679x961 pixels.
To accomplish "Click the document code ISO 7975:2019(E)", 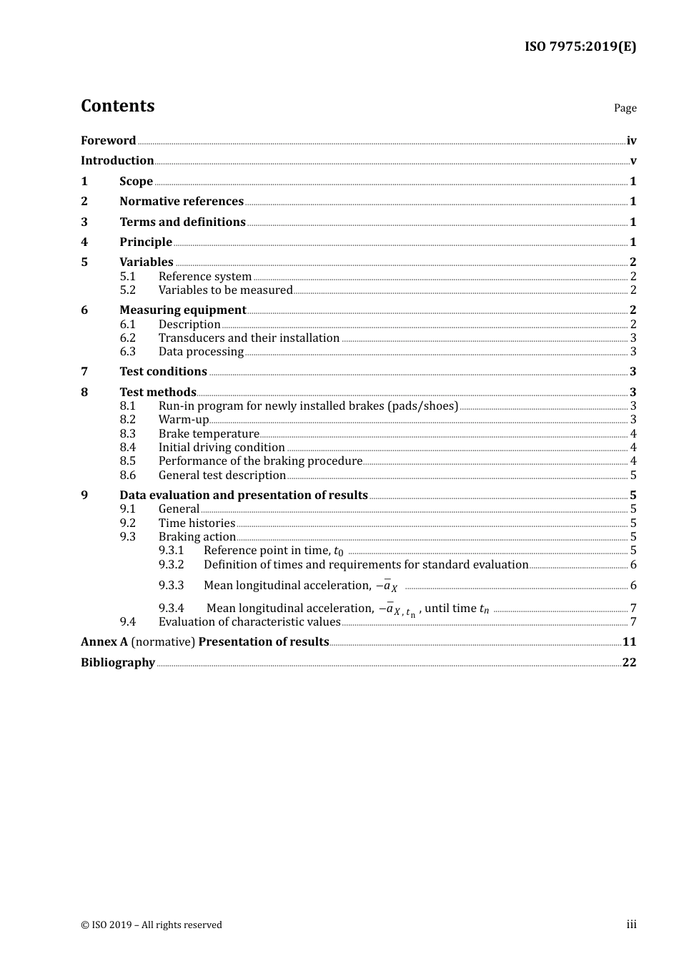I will [580, 47].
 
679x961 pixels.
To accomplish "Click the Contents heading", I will [118, 106].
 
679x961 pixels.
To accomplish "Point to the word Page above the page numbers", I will [625, 108].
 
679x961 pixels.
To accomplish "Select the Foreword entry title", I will [108, 141].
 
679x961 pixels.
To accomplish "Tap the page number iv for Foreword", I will [631, 141].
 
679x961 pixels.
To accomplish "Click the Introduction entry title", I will [117, 161].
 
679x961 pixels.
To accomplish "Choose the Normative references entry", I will [182, 202].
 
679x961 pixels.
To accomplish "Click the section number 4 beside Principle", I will [84, 242].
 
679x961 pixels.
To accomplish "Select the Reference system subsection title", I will [205, 277].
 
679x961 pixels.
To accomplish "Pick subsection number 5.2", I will [128, 290].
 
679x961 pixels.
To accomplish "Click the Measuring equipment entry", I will [183, 310].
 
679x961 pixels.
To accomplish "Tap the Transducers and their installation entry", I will [249, 338].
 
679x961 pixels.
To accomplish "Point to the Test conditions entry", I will [163, 372].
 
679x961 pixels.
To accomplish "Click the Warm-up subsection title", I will [184, 420].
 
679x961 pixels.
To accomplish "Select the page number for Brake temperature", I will [633, 434].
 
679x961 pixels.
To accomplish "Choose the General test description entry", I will [222, 475].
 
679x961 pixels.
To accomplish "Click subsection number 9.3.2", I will [172, 565].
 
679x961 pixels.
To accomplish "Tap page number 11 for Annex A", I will [629, 642].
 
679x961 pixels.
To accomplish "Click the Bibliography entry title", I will [118, 663].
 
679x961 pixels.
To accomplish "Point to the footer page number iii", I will [631, 925].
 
